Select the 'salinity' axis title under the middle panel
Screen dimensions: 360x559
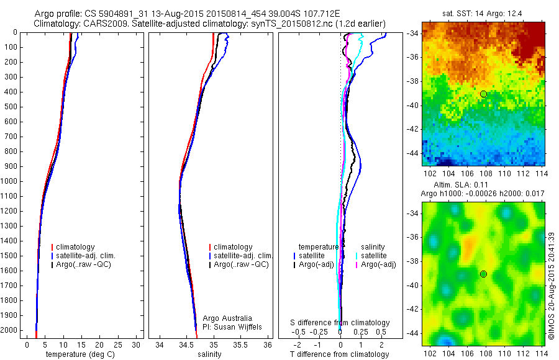coord(209,354)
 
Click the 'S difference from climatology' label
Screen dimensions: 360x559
coord(340,323)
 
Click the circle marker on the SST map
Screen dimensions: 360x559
coord(483,94)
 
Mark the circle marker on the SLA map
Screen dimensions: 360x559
coord(483,274)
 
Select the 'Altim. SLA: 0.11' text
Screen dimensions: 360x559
coord(460,186)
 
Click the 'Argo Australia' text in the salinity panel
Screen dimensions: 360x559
coord(227,318)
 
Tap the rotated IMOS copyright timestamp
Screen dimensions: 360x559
coord(551,286)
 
